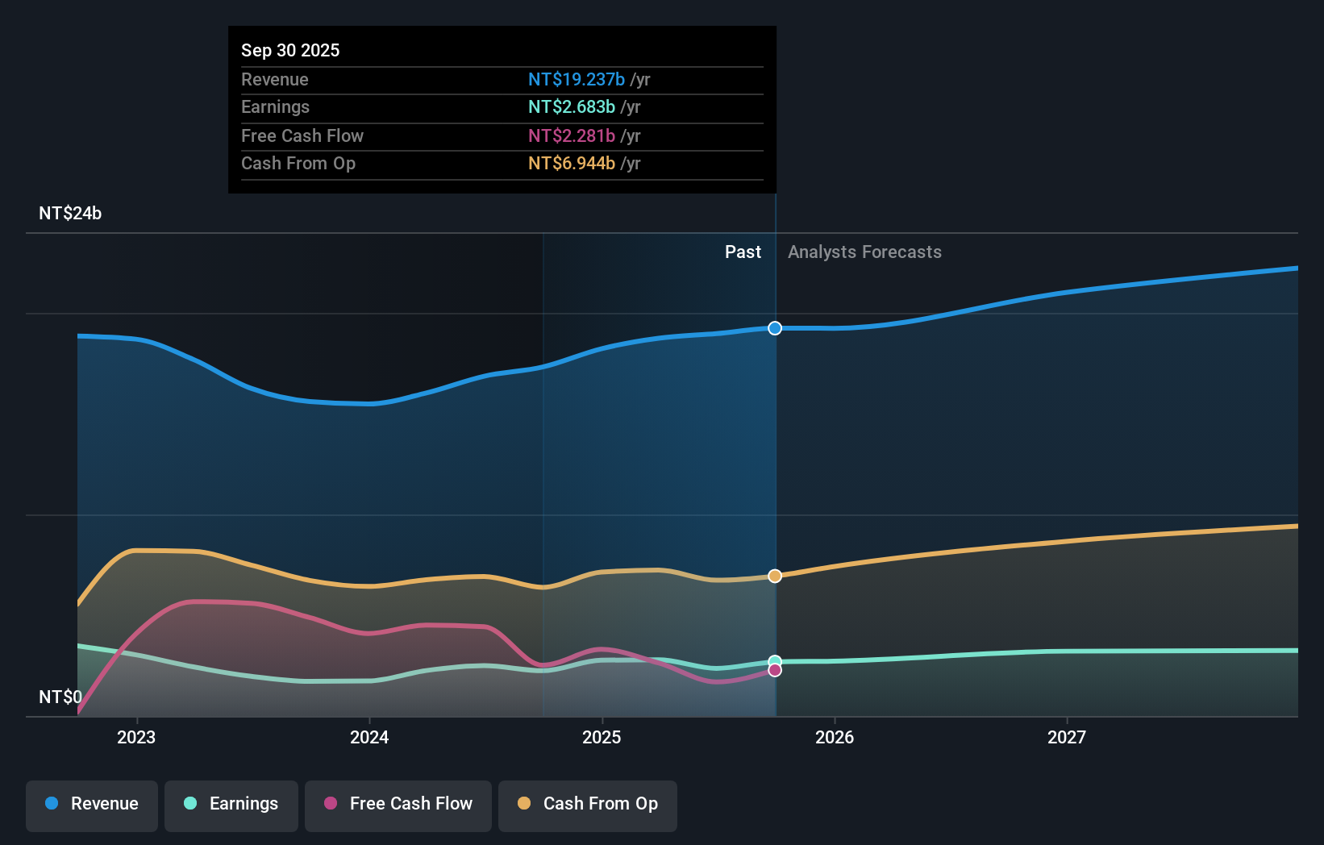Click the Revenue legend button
click(92, 804)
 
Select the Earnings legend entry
click(231, 804)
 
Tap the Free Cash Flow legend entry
click(398, 804)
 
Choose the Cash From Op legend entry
click(588, 804)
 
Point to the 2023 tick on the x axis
click(136, 737)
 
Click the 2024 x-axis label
click(369, 737)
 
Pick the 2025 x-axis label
click(602, 737)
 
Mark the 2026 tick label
click(835, 737)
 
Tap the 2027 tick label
click(1067, 737)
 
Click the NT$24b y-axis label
click(70, 214)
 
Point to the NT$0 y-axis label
click(60, 697)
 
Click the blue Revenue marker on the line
click(775, 328)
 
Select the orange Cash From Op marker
click(775, 576)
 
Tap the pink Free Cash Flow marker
click(775, 670)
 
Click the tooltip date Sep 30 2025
click(290, 50)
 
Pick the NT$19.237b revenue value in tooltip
click(577, 79)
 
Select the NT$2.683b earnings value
click(572, 106)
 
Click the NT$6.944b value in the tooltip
click(572, 163)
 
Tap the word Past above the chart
click(743, 252)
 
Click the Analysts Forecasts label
click(864, 252)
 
